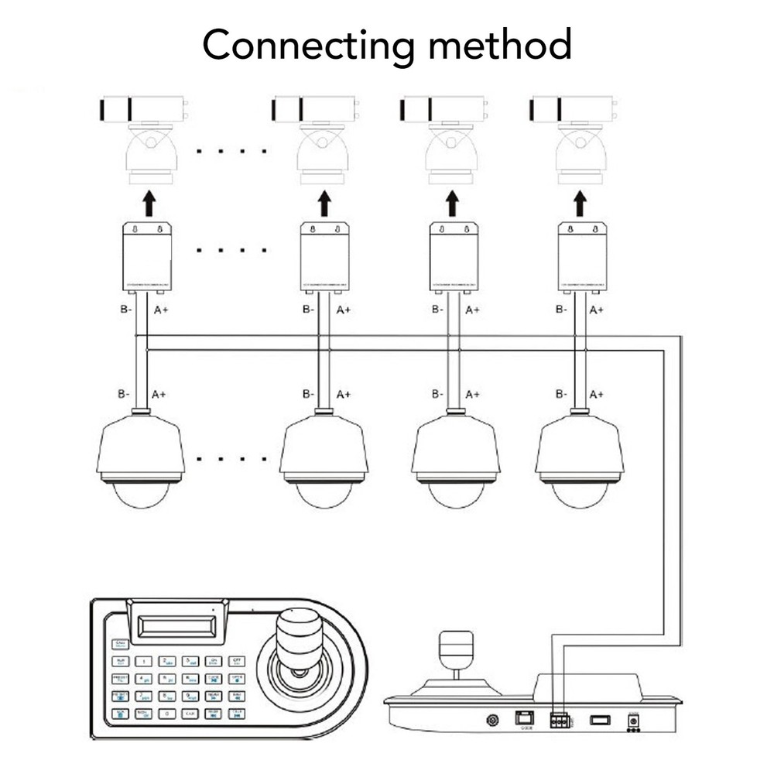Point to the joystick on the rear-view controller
(455, 654)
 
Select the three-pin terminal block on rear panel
(559, 721)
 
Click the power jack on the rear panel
(634, 721)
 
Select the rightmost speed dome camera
(579, 461)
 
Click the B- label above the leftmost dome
(124, 394)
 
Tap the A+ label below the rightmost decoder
(597, 310)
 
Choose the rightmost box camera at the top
(573, 109)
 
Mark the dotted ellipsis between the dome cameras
(231, 459)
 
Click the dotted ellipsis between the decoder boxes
(231, 250)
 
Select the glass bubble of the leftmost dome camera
(141, 495)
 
